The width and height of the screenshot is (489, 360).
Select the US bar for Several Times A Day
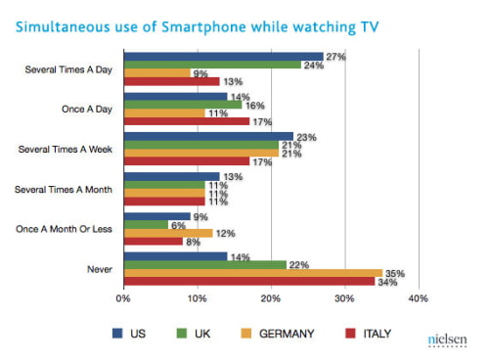pos(223,56)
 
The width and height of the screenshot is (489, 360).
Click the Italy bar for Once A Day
pos(186,122)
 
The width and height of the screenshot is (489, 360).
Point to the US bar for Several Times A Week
pos(208,136)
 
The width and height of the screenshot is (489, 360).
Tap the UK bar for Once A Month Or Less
pos(145,224)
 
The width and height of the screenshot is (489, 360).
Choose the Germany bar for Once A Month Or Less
pos(167,233)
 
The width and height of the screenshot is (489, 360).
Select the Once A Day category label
pos(86,109)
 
